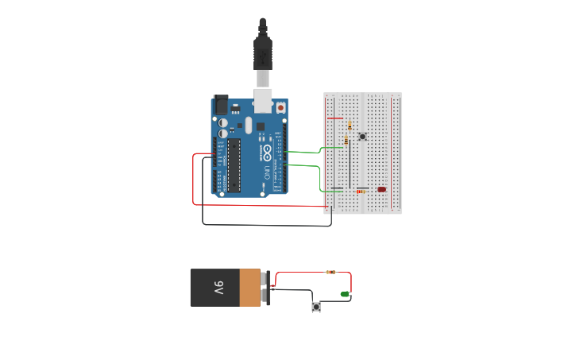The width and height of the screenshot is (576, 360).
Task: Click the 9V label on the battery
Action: pos(218,288)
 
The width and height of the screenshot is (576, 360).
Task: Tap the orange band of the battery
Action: pos(249,288)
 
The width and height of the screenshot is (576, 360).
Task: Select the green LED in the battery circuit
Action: pos(345,295)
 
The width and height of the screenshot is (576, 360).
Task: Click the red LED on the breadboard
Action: pos(381,189)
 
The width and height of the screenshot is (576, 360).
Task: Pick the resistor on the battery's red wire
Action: pos(331,272)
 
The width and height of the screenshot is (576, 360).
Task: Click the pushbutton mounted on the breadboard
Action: pos(362,137)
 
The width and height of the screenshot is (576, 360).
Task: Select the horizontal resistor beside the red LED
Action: pos(361,192)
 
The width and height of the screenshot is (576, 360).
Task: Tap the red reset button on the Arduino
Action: pos(280,106)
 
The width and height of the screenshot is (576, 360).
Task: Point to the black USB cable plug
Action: pos(262,52)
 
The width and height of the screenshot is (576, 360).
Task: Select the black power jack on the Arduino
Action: pos(221,104)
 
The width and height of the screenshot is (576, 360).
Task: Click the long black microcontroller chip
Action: pos(234,165)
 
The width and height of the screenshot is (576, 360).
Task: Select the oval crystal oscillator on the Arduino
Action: pos(248,125)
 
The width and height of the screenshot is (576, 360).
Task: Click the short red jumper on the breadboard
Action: pos(335,118)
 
